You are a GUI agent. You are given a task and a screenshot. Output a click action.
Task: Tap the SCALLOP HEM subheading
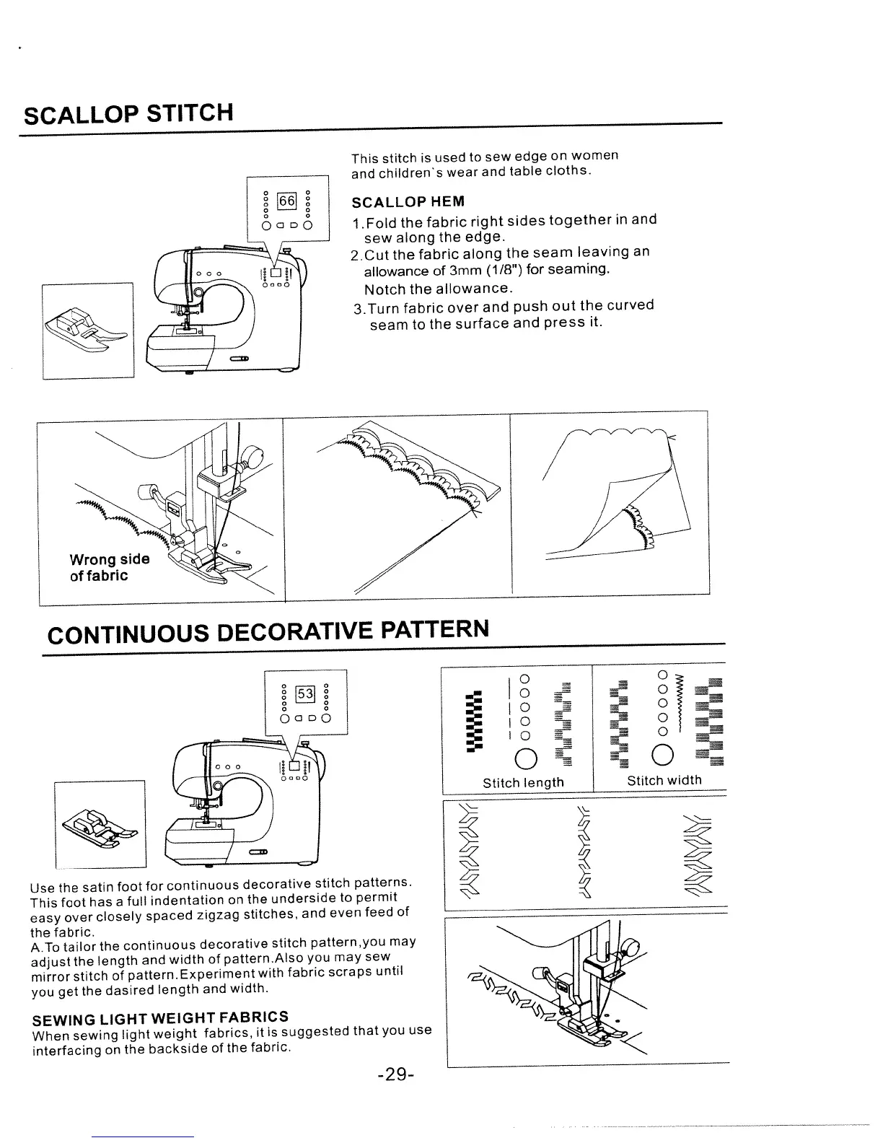[x=408, y=201]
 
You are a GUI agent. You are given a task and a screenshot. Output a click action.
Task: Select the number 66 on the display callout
[x=287, y=199]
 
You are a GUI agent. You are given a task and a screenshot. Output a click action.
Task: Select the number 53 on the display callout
[x=306, y=694]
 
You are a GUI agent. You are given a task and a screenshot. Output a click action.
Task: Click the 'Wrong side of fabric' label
[x=110, y=567]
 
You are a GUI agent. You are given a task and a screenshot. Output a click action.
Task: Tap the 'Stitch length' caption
[x=523, y=782]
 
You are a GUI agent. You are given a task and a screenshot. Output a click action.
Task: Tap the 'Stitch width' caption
[x=664, y=780]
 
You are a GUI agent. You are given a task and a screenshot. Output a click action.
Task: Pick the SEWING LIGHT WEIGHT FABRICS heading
[x=161, y=1018]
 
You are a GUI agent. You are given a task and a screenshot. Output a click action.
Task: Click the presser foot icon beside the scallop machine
[x=88, y=330]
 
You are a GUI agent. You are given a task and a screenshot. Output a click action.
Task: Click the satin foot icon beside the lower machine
[x=100, y=823]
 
